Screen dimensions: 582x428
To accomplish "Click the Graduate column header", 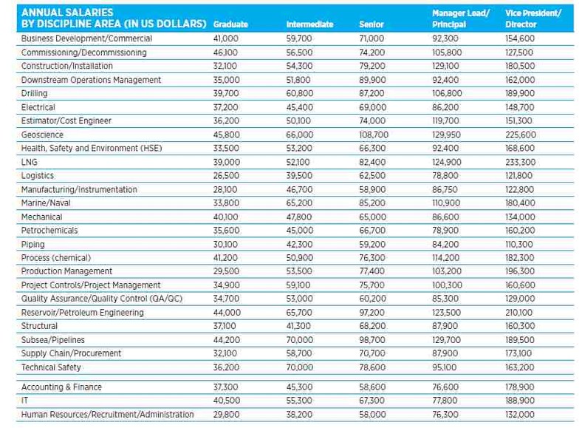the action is [230, 24].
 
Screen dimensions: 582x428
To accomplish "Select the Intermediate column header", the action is [309, 24].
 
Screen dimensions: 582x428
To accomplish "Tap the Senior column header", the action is [372, 24].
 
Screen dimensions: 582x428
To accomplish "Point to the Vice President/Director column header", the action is [533, 18].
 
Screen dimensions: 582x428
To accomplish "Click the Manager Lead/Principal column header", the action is [461, 18].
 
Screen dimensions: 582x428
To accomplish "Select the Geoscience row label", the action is [42, 135].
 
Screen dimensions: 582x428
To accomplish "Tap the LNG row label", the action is [30, 162].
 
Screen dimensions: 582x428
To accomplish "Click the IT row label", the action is [24, 401].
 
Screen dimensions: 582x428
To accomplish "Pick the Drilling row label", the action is [35, 94].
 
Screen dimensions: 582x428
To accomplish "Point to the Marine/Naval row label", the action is [46, 203].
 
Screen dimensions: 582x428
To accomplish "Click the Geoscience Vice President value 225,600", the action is [521, 135].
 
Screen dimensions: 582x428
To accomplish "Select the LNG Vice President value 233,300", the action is [521, 162].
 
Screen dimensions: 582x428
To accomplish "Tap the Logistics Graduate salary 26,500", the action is [226, 176].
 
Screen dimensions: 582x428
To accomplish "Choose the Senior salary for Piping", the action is [372, 245].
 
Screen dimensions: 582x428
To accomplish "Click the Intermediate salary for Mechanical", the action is [300, 217].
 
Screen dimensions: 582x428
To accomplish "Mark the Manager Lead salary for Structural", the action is [445, 326].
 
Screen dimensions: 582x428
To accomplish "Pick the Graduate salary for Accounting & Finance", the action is [225, 387].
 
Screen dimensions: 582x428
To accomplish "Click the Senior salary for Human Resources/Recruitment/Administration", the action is [372, 415].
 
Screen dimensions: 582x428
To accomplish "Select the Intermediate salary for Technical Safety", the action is [300, 367].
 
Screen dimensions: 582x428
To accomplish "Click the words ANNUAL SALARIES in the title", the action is [67, 13].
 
